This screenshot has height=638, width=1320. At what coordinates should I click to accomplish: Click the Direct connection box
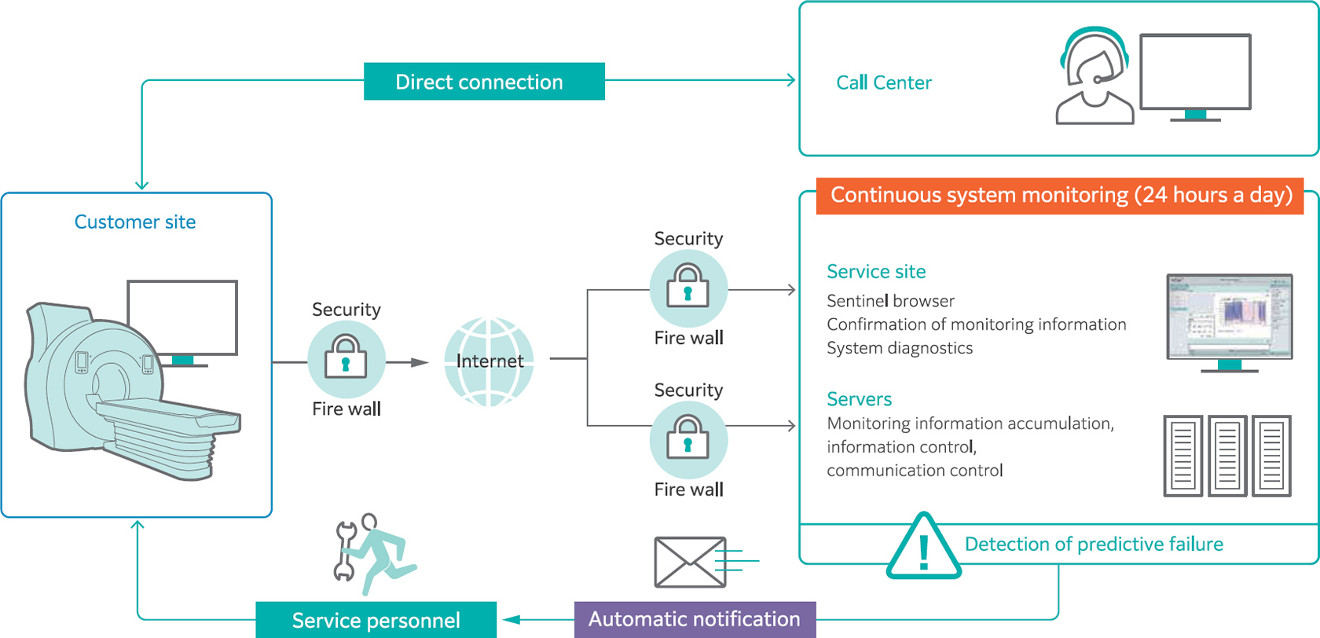point(484,82)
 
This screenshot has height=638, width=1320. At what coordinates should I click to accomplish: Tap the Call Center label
point(883,82)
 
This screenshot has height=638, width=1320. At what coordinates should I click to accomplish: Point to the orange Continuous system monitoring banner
point(1060,196)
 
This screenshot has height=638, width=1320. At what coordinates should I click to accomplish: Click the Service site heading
point(876,272)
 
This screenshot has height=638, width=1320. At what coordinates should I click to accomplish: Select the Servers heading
point(859,399)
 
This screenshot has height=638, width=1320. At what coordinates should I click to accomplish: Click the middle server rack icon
point(1227,456)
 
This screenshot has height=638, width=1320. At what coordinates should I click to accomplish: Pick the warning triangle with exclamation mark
point(924,548)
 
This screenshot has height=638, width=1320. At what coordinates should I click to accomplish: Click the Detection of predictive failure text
point(1094,544)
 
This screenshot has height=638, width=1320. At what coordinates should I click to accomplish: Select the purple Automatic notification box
point(695,619)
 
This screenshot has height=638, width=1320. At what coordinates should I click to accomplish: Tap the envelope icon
point(691,562)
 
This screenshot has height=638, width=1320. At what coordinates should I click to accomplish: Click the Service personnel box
point(376,620)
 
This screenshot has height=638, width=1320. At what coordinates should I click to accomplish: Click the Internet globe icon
point(489,361)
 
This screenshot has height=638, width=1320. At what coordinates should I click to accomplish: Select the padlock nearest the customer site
point(346,358)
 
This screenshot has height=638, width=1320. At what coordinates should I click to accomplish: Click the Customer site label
point(134,222)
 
